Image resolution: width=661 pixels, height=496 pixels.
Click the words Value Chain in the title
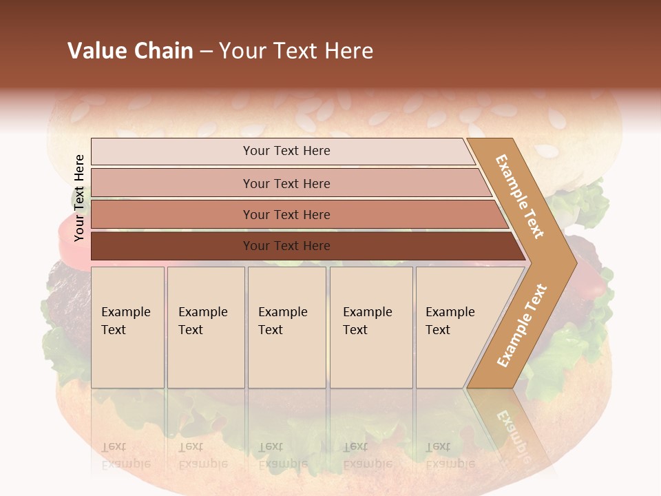130,51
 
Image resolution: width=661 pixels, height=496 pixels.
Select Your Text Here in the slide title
296,51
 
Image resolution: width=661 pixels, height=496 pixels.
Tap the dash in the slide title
206,52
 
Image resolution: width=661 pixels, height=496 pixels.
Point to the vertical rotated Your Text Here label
79,198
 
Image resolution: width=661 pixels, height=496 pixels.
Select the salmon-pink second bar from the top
286,183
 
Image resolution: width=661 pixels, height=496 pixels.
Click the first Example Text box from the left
127,327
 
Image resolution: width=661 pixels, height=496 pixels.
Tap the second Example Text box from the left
205,327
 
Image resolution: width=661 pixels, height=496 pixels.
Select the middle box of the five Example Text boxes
286,327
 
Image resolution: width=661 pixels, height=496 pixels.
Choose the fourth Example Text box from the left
370,327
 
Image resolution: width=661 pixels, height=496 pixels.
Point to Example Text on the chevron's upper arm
520,196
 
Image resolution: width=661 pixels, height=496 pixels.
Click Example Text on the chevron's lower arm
522,326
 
